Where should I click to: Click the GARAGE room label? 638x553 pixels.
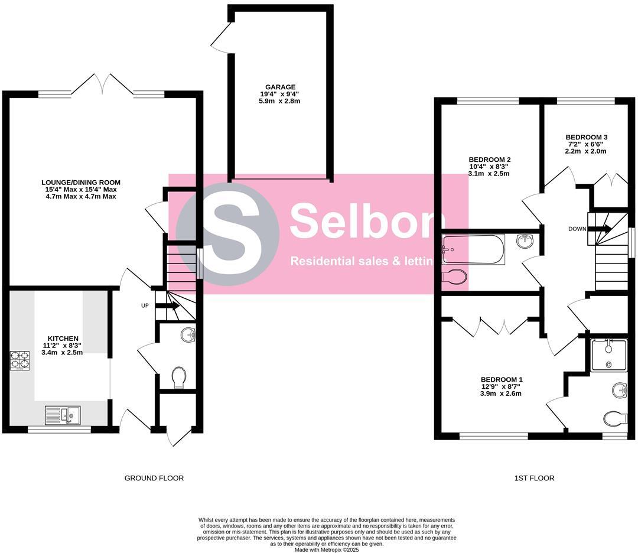(x=280, y=87)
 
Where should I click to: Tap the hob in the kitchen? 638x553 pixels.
(x=19, y=361)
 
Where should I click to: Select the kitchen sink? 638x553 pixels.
(x=64, y=415)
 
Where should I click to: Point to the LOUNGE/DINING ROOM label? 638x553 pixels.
(x=81, y=182)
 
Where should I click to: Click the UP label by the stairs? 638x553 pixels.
(x=145, y=306)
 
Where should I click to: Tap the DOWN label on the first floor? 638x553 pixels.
(x=577, y=229)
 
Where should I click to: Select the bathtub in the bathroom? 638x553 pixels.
(x=474, y=250)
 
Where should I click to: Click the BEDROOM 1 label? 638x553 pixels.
(x=501, y=379)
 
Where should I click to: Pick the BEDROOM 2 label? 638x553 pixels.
(x=489, y=160)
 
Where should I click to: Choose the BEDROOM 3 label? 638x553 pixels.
(x=586, y=137)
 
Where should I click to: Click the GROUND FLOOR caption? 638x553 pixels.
(x=154, y=478)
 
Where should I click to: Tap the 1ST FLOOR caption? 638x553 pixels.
(x=534, y=478)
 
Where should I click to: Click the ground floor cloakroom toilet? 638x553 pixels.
(x=178, y=377)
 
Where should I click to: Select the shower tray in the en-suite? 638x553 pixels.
(x=609, y=355)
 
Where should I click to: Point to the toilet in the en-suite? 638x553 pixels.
(x=616, y=418)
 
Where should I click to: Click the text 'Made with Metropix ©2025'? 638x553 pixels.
(x=327, y=549)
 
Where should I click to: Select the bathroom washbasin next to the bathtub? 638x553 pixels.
(x=525, y=240)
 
